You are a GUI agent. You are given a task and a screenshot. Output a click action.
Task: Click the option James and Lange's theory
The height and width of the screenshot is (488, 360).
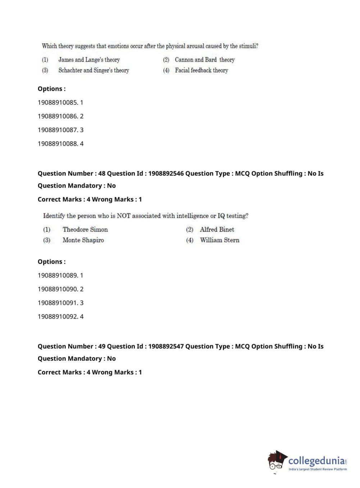click(x=89, y=60)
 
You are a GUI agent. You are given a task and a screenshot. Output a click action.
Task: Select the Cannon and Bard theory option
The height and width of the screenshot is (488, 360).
click(x=204, y=60)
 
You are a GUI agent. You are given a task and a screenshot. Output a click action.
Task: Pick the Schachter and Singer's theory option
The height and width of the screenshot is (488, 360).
click(x=94, y=70)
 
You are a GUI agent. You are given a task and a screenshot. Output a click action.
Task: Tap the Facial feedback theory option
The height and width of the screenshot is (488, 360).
click(x=201, y=70)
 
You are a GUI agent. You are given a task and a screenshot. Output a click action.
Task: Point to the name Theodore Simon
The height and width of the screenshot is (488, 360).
click(x=85, y=230)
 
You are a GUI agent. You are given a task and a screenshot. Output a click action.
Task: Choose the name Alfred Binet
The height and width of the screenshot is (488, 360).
click(x=217, y=230)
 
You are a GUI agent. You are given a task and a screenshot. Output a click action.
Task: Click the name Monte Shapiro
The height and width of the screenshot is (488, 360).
click(x=83, y=240)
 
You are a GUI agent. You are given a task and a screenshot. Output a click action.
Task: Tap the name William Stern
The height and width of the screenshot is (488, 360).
click(x=219, y=240)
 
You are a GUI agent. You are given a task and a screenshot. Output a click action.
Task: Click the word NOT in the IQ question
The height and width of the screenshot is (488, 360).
click(x=123, y=216)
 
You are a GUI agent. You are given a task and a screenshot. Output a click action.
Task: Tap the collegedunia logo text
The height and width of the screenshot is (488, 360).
click(x=316, y=461)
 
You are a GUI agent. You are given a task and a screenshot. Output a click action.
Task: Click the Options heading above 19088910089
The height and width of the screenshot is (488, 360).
click(x=51, y=262)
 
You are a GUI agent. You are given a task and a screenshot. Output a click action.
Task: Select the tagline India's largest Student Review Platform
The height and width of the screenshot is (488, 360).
click(x=318, y=469)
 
